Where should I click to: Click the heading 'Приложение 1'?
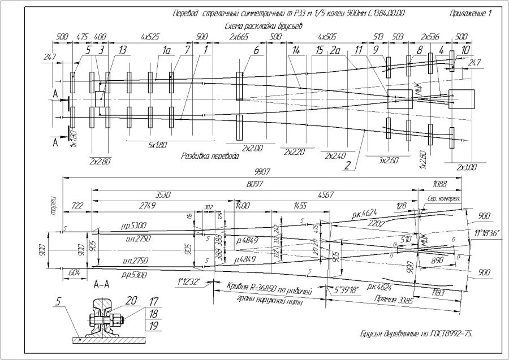(x=471, y=13)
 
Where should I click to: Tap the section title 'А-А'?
(x=103, y=285)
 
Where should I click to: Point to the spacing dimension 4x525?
(x=150, y=37)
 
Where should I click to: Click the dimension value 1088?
(x=439, y=183)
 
